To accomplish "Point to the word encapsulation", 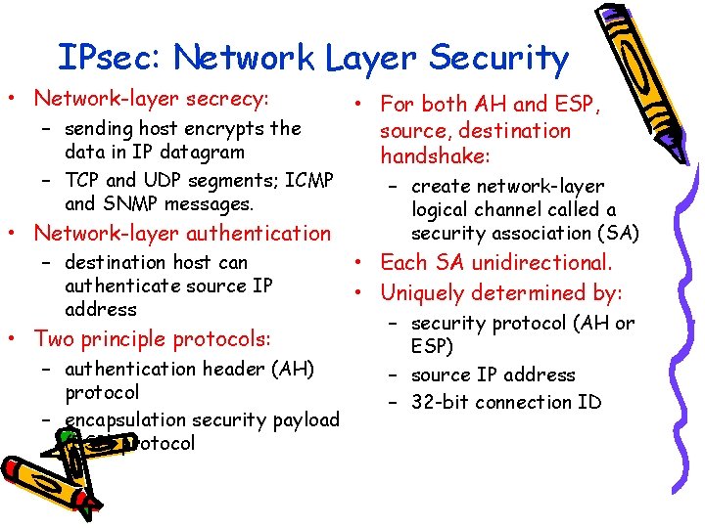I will [x=123, y=419].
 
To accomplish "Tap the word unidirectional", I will [x=540, y=263].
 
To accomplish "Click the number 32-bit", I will [x=445, y=402].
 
